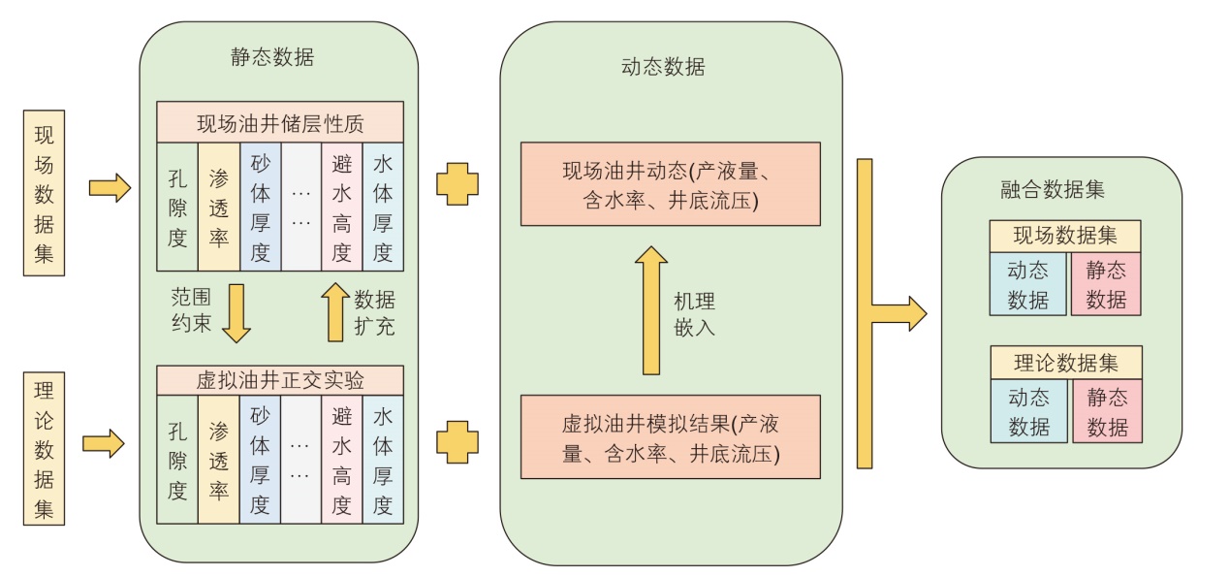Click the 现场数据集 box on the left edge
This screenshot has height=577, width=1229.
(x=45, y=193)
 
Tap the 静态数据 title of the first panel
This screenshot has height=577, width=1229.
(x=272, y=57)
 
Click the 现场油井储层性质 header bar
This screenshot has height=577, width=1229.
(x=280, y=122)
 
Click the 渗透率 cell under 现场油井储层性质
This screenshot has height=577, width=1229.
(x=218, y=207)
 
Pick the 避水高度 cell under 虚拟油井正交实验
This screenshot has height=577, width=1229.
(x=341, y=459)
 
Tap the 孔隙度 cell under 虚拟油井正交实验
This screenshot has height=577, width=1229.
(x=177, y=459)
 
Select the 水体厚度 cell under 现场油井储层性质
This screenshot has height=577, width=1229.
(x=383, y=207)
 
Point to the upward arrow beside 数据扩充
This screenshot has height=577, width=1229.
(x=335, y=311)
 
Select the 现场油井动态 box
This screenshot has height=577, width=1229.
(x=671, y=183)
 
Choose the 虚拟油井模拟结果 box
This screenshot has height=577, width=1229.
(x=671, y=436)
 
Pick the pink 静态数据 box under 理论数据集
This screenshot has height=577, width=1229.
(x=1107, y=412)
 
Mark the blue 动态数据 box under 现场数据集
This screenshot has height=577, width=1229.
(x=1027, y=284)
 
